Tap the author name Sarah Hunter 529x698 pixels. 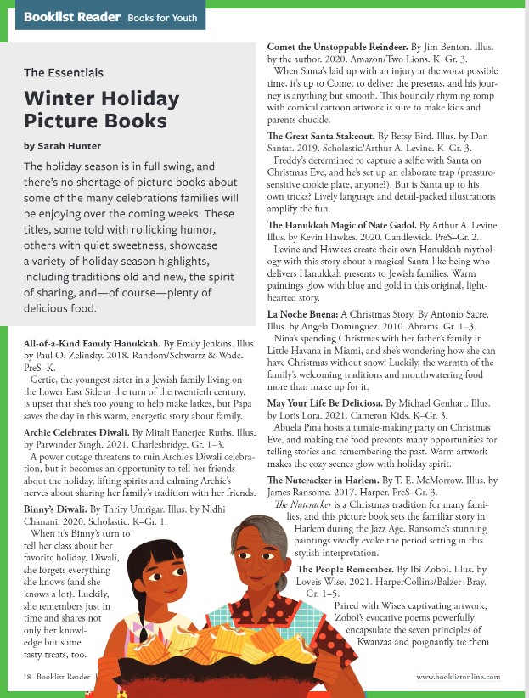(x=63, y=145)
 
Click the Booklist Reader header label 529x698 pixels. (x=70, y=17)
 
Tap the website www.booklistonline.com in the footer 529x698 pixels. (x=458, y=676)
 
